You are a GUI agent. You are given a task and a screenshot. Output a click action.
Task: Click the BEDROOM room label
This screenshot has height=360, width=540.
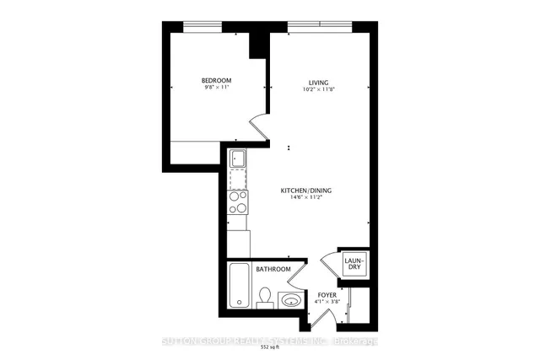click(216, 80)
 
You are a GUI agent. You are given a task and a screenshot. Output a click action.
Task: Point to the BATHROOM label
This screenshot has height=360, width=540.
click(273, 270)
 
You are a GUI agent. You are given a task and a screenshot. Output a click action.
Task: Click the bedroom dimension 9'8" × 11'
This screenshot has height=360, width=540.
click(216, 89)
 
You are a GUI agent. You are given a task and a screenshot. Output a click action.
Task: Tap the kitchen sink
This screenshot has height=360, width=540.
click(238, 159)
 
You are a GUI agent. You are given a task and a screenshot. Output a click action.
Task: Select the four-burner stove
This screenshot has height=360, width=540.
click(238, 202)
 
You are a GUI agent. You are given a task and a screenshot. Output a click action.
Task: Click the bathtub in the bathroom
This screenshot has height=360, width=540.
click(238, 287)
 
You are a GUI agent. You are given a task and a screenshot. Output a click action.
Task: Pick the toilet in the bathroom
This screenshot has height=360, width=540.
click(264, 298)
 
